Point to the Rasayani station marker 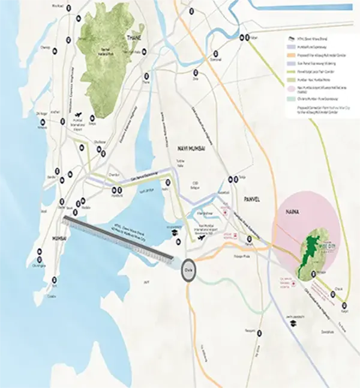coord(259,331)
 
